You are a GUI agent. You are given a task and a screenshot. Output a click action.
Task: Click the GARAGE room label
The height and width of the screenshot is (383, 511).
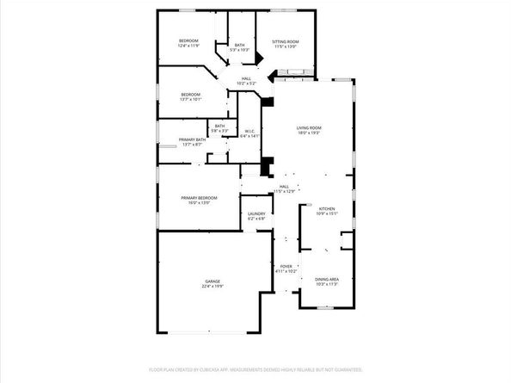[x=212, y=281]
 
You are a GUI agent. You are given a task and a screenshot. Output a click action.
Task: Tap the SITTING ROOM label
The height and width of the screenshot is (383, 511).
[x=285, y=41]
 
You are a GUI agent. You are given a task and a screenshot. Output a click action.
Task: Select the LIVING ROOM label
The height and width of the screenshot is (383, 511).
[x=308, y=127]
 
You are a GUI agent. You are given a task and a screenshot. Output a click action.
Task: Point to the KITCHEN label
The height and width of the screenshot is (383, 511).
[x=327, y=208]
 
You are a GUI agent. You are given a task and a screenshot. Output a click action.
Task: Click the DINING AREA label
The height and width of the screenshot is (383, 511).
[x=326, y=278]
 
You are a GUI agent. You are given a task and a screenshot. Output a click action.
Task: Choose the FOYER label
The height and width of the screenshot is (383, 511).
[x=286, y=266]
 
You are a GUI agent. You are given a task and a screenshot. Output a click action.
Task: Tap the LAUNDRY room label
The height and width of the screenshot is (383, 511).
[x=255, y=213]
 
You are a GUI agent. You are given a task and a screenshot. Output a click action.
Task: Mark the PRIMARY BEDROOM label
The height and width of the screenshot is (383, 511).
[x=199, y=198]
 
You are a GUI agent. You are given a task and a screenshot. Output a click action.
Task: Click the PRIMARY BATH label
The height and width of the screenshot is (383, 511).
[x=192, y=139]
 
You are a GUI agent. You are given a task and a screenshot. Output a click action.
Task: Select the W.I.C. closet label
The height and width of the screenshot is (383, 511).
[x=249, y=132]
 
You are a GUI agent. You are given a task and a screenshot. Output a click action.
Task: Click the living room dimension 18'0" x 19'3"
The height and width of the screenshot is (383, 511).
[x=308, y=133]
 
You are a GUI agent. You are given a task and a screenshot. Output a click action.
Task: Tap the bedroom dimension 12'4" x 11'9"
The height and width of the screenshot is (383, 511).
[x=188, y=46]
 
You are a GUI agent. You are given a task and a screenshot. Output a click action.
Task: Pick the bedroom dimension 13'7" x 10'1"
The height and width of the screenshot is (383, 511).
[x=191, y=99]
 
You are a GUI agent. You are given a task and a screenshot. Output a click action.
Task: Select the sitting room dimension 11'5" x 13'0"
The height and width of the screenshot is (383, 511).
[x=285, y=46]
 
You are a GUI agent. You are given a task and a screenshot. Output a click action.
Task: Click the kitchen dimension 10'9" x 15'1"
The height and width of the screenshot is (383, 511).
[x=327, y=213]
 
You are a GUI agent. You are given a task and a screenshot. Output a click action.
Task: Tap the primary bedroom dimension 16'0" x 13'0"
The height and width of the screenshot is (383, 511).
[x=199, y=203]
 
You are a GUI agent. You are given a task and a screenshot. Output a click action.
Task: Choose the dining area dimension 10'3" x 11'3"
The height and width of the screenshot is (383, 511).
[x=326, y=283]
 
